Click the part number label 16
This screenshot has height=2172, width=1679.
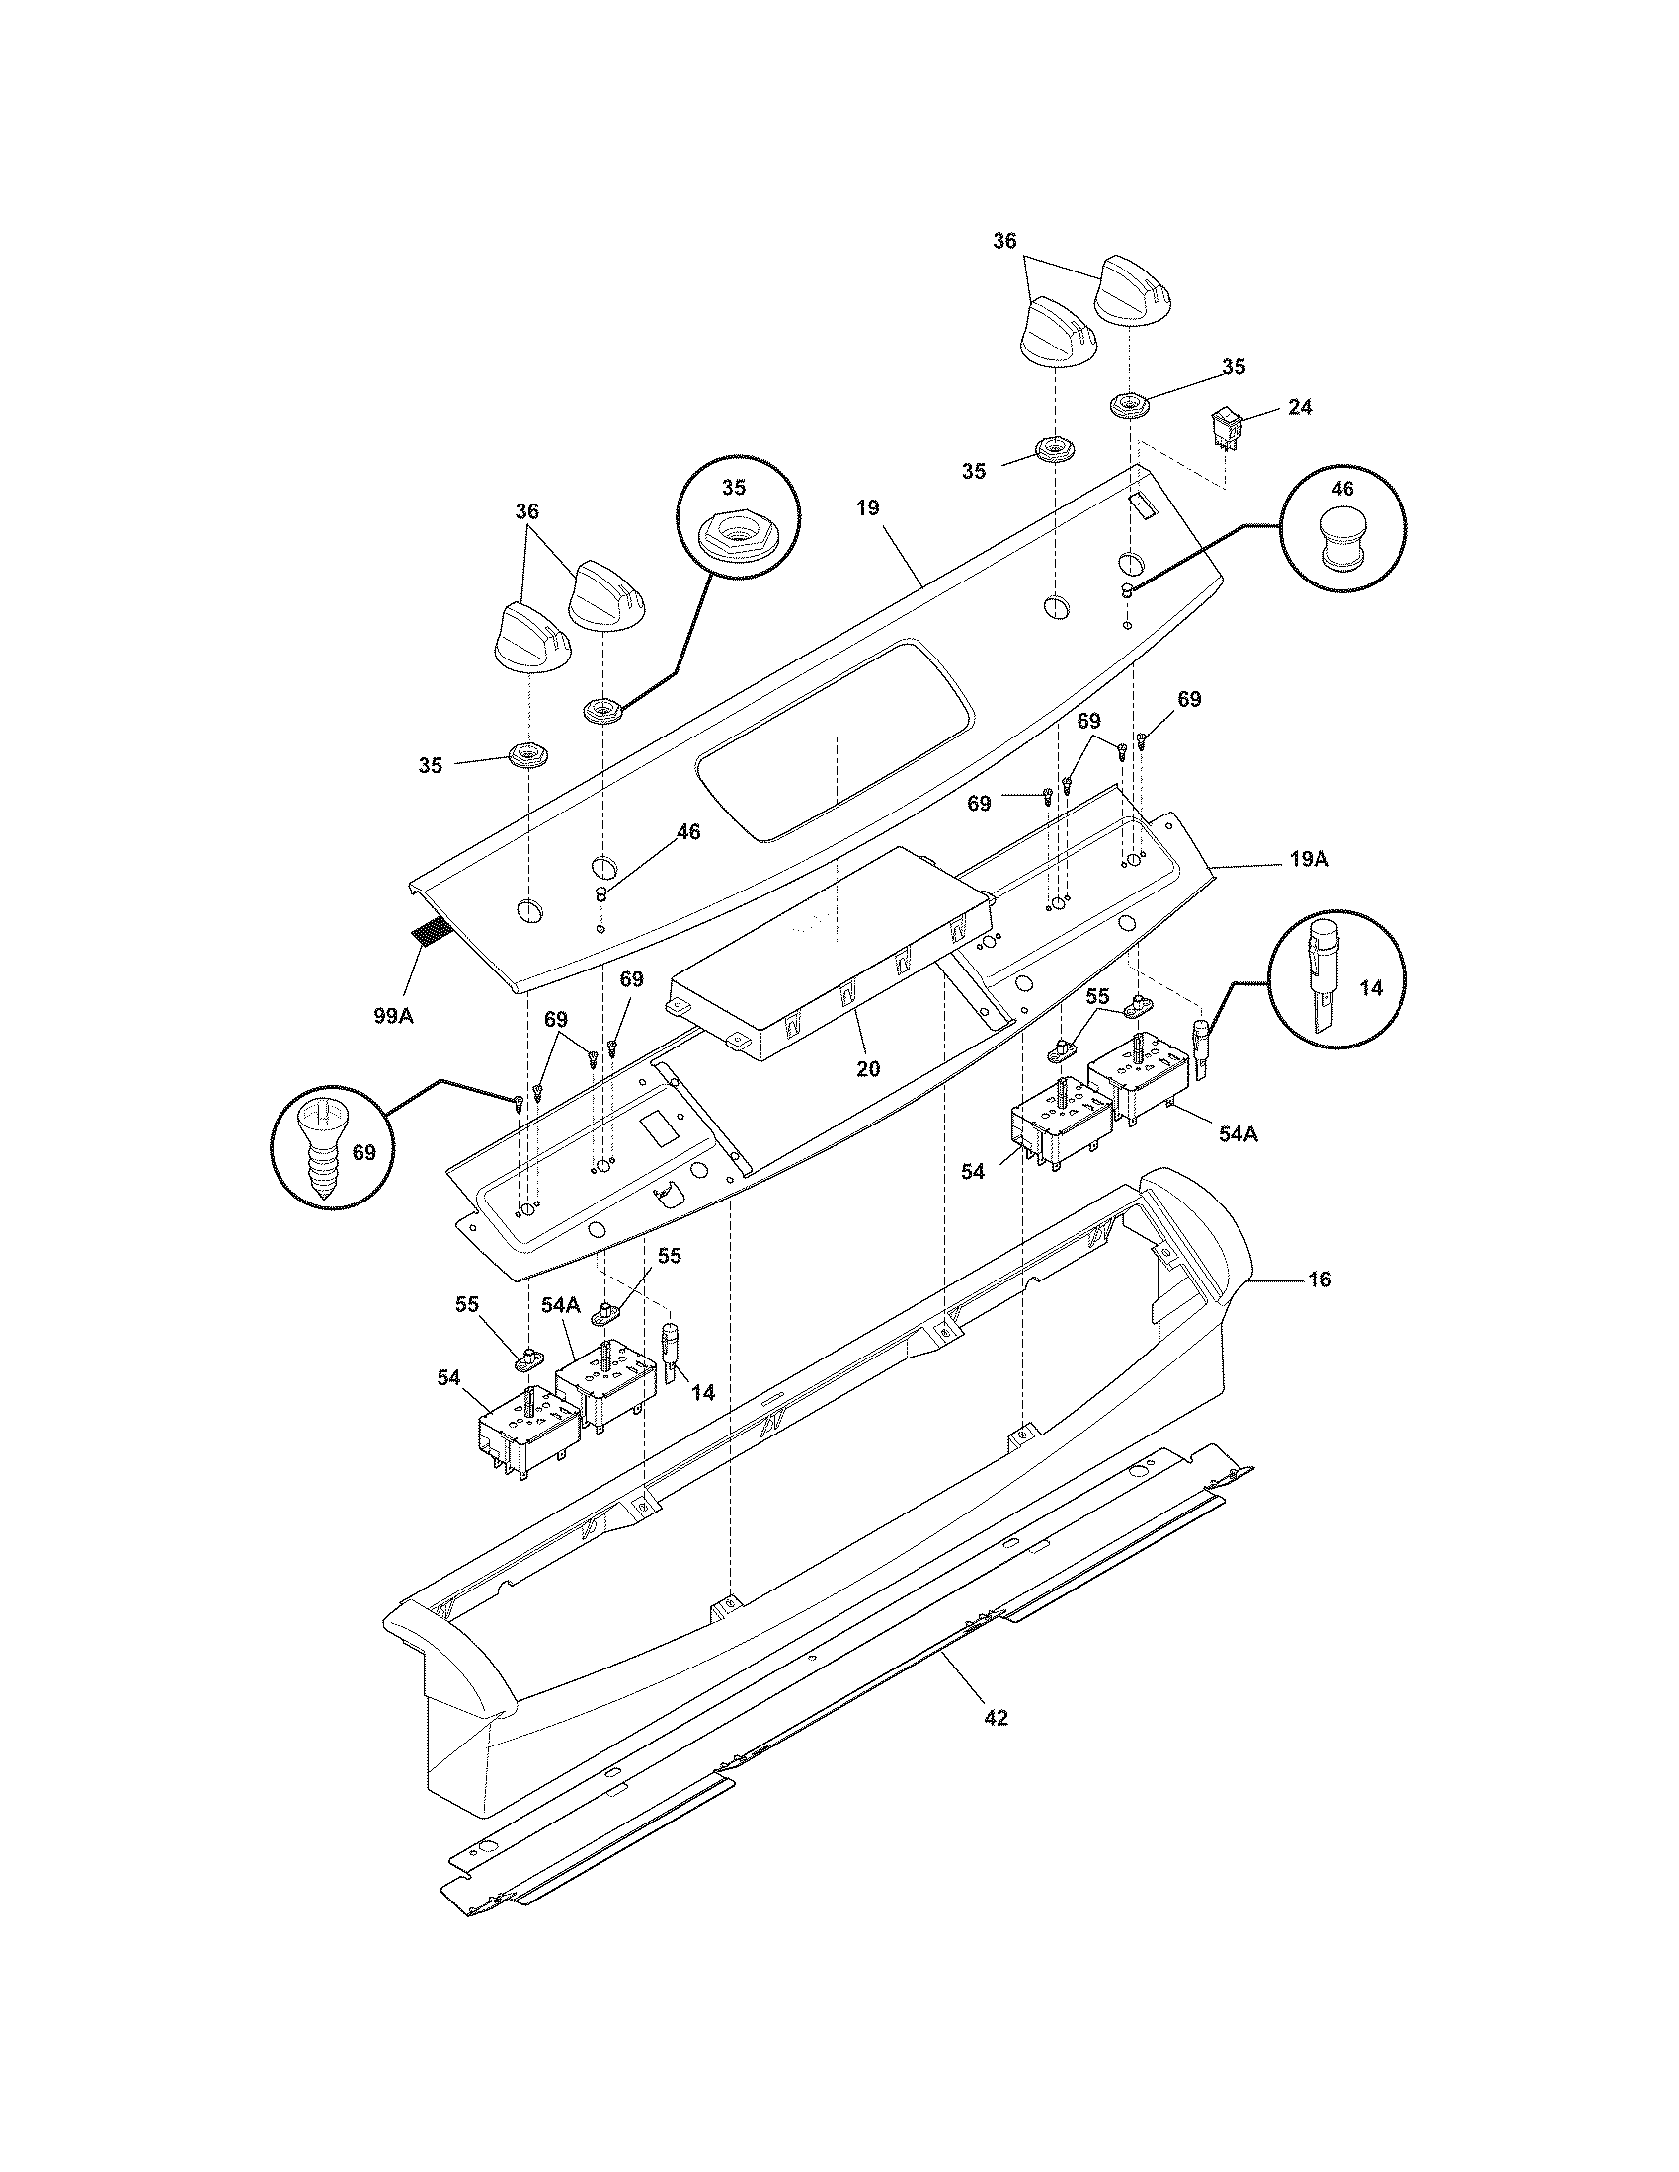tap(1319, 1279)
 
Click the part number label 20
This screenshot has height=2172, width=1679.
tap(867, 1069)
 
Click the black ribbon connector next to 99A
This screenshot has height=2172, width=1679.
tap(430, 933)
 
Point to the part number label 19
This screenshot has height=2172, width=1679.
tap(867, 508)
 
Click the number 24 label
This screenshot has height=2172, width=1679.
tap(1299, 406)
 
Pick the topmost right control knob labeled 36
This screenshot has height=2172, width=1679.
tap(1136, 290)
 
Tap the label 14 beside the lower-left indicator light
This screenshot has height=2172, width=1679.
tap(702, 1392)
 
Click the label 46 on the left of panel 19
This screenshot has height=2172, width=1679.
tap(687, 831)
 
